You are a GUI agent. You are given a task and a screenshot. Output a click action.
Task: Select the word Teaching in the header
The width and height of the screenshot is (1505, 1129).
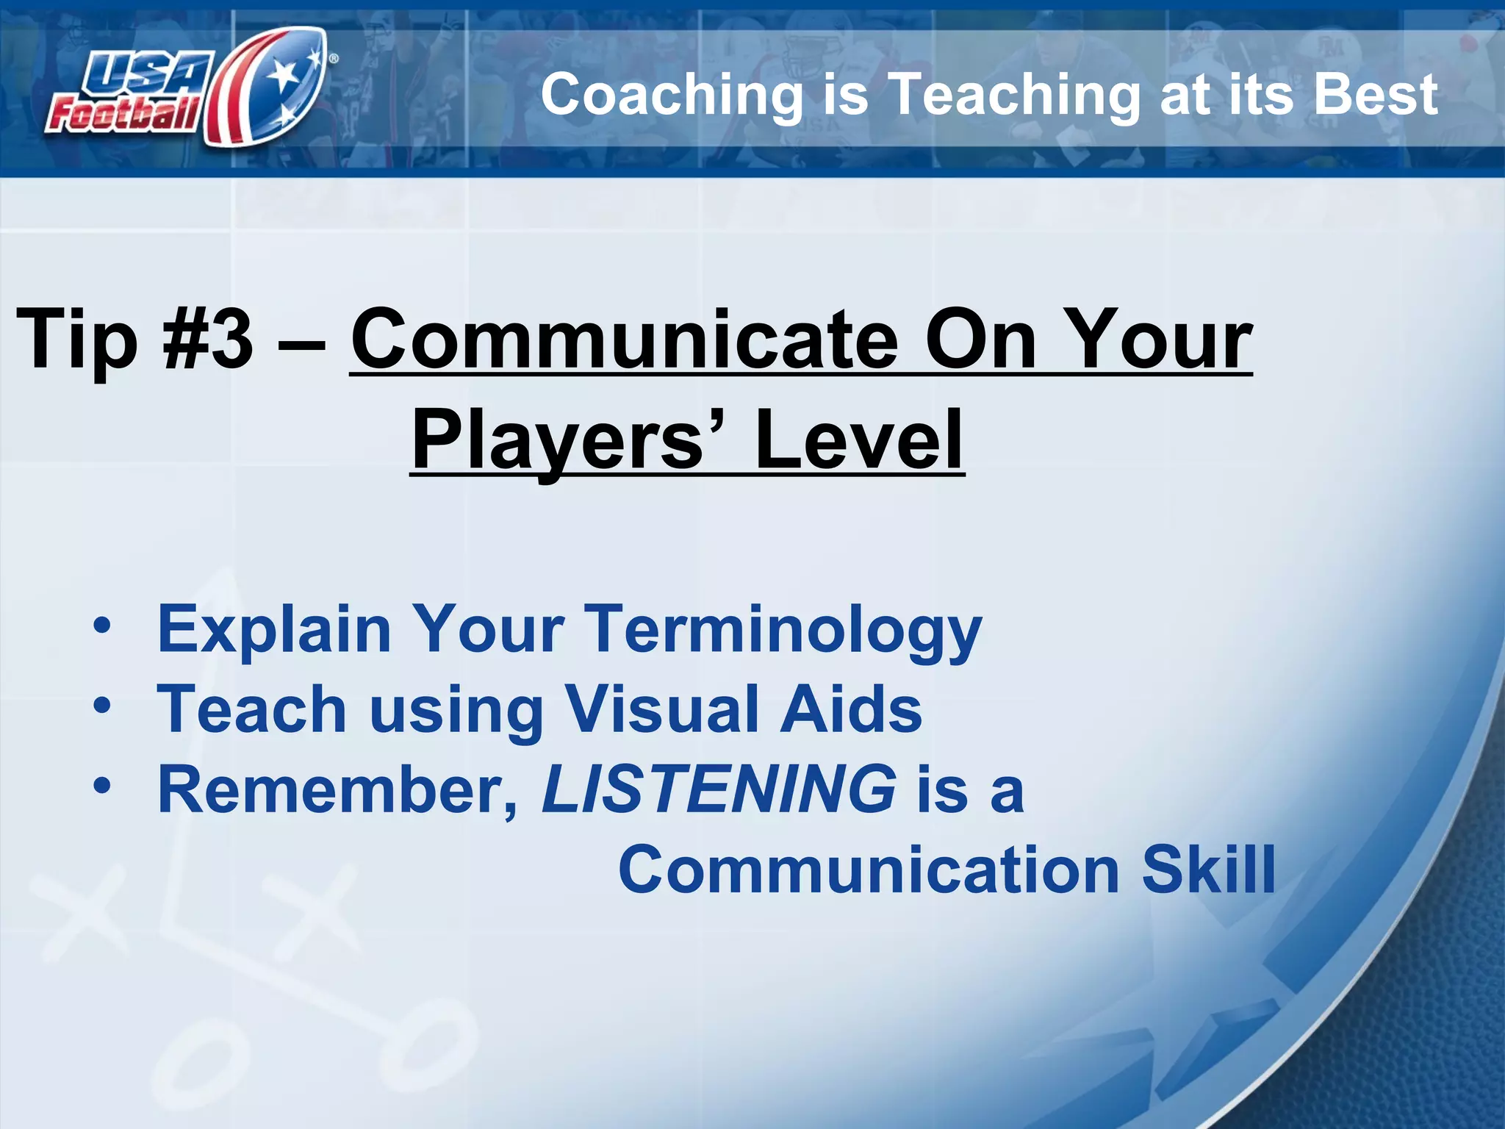pos(1014,95)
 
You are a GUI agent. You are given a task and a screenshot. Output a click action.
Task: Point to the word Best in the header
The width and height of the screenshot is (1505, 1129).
pos(1375,95)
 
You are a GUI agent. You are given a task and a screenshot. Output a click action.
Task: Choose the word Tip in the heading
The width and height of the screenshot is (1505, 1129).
pos(77,339)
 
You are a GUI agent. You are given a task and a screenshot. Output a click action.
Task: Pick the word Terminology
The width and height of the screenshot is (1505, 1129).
pos(786,629)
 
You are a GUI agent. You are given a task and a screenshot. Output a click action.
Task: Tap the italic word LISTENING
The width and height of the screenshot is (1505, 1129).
pos(719,789)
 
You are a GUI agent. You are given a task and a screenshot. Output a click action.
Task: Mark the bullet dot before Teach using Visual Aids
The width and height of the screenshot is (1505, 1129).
pos(102,706)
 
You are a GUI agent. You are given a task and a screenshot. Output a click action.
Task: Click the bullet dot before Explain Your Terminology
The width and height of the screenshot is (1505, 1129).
pos(102,626)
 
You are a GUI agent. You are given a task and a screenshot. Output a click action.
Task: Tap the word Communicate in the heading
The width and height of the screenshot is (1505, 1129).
pos(624,339)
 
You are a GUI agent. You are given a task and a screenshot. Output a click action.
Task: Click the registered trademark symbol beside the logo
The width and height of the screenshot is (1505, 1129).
pos(334,58)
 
